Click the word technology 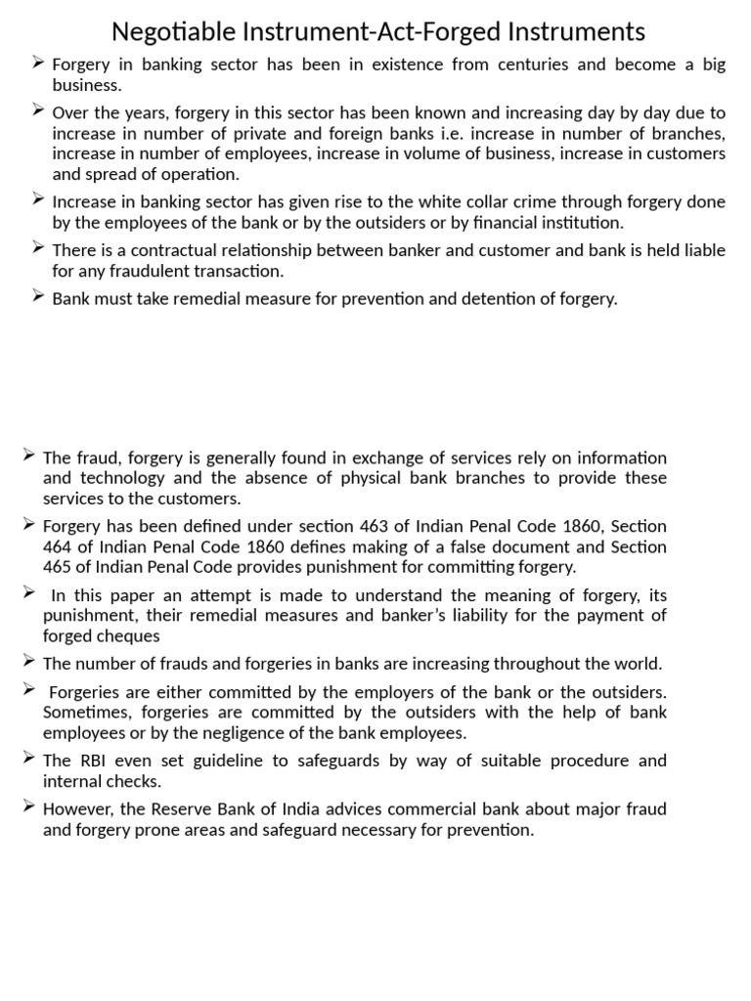click(x=125, y=478)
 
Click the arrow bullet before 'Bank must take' click(x=38, y=297)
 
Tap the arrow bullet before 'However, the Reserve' click(x=29, y=807)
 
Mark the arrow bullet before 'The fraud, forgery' click(x=29, y=457)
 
